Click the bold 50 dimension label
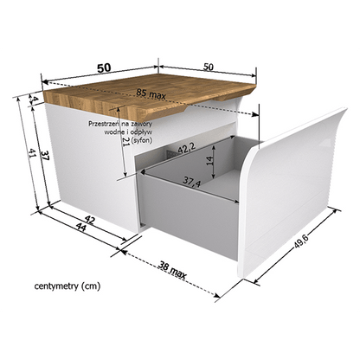pos(104,68)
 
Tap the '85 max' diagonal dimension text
pos(151,94)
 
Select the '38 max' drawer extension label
pos(172,270)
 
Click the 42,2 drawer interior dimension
pos(187,148)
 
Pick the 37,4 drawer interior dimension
pos(192,182)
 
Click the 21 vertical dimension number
pos(126,141)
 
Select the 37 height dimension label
pos(45,156)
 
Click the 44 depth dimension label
pos(81,228)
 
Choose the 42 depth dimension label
pos(89,221)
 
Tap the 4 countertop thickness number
pos(35,100)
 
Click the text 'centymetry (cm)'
pos(67,286)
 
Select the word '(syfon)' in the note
pos(141,140)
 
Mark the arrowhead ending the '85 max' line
pos(255,114)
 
